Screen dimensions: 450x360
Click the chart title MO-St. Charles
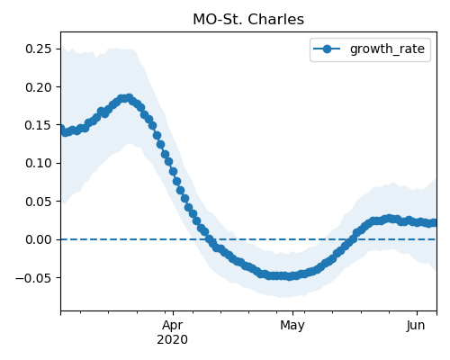[248, 20]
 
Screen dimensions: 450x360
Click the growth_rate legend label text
[387, 49]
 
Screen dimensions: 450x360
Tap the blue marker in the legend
[327, 49]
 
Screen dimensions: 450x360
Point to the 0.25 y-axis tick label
[39, 49]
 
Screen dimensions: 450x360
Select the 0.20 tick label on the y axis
[39, 87]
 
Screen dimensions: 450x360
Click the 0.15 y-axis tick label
[39, 125]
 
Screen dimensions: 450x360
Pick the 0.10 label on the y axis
[39, 164]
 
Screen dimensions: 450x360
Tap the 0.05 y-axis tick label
[39, 202]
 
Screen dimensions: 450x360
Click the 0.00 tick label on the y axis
[39, 239]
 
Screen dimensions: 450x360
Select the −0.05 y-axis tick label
[34, 278]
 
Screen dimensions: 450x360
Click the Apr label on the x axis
[173, 326]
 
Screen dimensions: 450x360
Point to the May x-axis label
[292, 326]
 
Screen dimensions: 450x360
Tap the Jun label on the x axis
[416, 326]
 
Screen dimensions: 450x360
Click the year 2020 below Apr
[173, 340]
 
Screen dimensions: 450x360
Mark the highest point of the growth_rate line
[130, 98]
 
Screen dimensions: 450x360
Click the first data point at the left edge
[61, 129]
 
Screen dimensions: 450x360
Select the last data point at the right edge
[435, 222]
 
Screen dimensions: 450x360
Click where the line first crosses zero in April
[208, 239]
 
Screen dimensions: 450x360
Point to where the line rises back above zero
[352, 239]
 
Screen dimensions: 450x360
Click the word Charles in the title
[276, 20]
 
